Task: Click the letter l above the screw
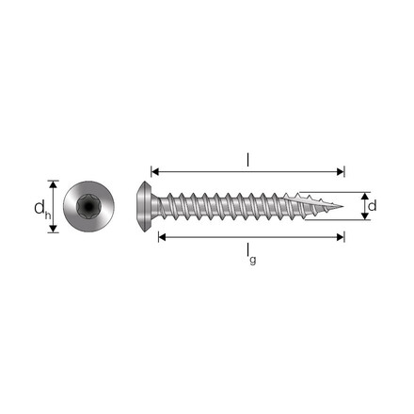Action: [248, 160]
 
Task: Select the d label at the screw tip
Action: [373, 205]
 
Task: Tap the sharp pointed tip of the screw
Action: [341, 205]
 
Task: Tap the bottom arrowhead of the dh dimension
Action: [54, 228]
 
